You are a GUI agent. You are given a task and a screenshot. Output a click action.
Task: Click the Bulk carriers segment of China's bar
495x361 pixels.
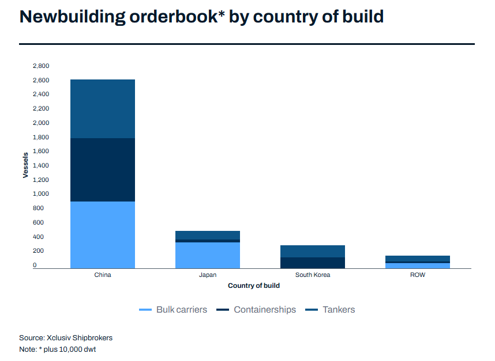103,234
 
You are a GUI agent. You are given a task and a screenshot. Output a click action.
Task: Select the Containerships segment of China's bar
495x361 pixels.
103,170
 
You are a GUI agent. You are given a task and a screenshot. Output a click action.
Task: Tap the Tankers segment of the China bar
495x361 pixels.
103,109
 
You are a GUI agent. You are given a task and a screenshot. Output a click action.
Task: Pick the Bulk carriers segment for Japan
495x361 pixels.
208,255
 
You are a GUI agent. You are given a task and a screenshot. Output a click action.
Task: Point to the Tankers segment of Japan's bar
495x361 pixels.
208,235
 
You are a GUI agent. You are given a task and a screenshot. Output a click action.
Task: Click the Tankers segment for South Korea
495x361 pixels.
313,251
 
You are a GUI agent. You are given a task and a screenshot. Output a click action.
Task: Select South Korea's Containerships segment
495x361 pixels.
313,263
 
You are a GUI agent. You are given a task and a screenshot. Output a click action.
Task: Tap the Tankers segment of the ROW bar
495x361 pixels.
418,259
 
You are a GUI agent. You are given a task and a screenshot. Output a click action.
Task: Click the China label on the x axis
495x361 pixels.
103,275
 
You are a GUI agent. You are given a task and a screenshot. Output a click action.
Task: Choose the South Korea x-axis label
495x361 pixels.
313,275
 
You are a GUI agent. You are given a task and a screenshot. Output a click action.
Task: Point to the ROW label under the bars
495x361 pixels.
418,275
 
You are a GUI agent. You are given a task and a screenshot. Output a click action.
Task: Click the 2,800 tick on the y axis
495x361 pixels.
41,66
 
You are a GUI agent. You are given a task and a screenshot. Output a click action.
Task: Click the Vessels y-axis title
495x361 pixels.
25,165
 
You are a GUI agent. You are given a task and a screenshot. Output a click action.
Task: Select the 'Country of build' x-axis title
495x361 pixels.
254,286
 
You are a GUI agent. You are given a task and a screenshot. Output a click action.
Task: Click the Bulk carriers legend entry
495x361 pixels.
173,310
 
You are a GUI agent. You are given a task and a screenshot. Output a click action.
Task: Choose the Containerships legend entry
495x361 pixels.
256,310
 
